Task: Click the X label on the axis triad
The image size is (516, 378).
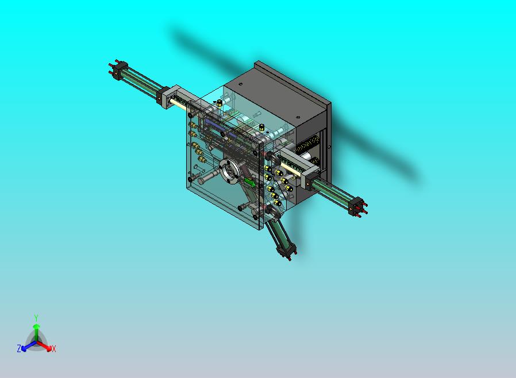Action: [54, 349]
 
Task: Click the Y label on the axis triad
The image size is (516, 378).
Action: [36, 318]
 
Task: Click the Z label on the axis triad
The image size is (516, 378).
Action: [19, 348]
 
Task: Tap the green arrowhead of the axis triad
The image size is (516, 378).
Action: [36, 326]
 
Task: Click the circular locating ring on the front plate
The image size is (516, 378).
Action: [230, 171]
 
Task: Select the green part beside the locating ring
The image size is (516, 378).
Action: [249, 182]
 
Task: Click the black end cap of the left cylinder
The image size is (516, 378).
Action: [120, 70]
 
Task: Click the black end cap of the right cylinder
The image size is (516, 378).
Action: [356, 206]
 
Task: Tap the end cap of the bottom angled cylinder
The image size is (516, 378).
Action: [286, 251]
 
